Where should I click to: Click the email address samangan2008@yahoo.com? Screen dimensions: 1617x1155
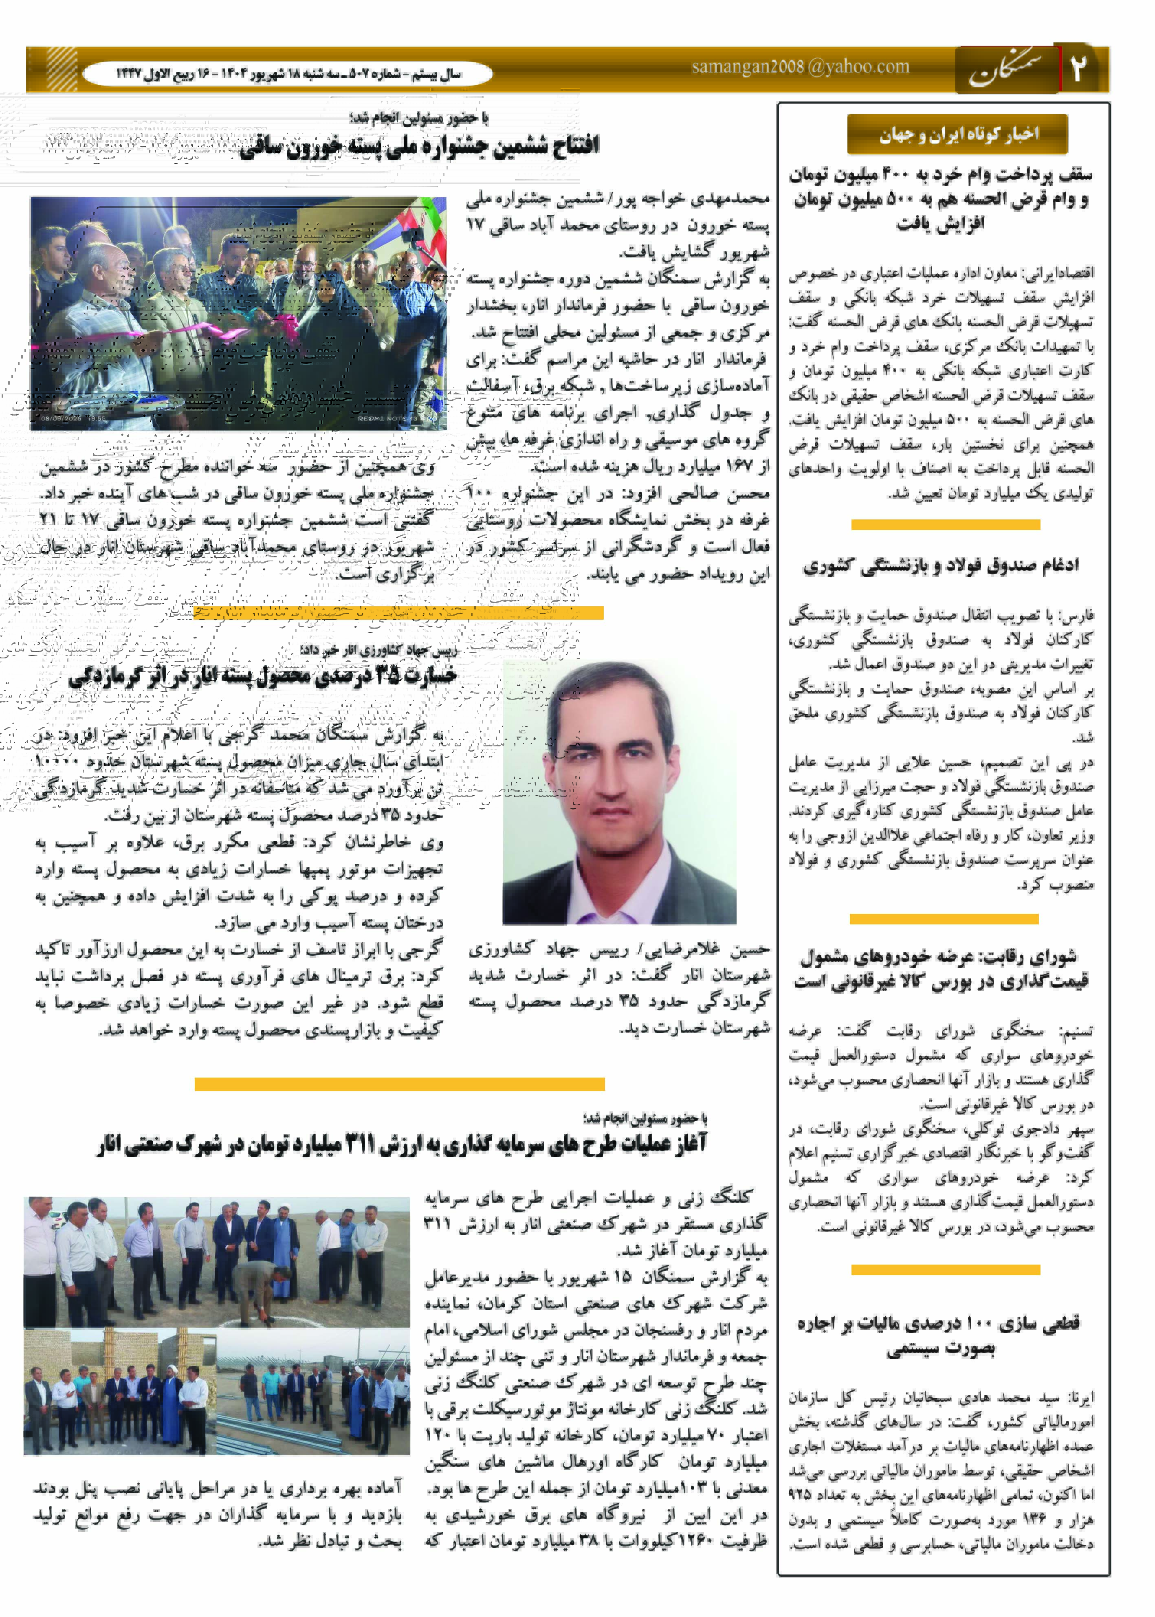[x=800, y=67]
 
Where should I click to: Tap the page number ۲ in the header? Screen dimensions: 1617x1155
[x=1079, y=69]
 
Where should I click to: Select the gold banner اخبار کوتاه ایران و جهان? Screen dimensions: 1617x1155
[x=957, y=134]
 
